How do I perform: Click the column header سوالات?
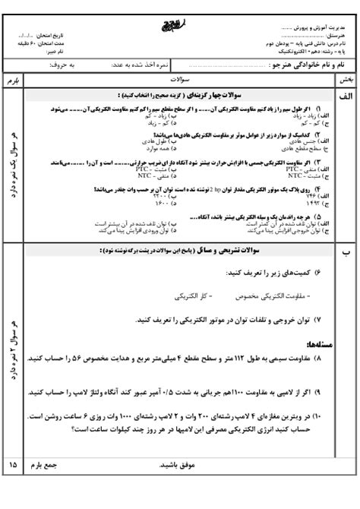180,78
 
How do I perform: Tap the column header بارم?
13,78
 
